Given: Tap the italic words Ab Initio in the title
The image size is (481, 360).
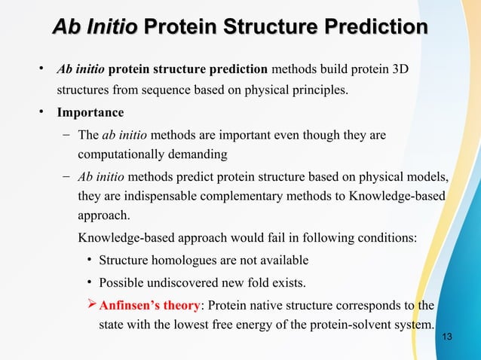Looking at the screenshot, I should [94, 27].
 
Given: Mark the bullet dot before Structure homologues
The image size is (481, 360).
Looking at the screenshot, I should [89, 261].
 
